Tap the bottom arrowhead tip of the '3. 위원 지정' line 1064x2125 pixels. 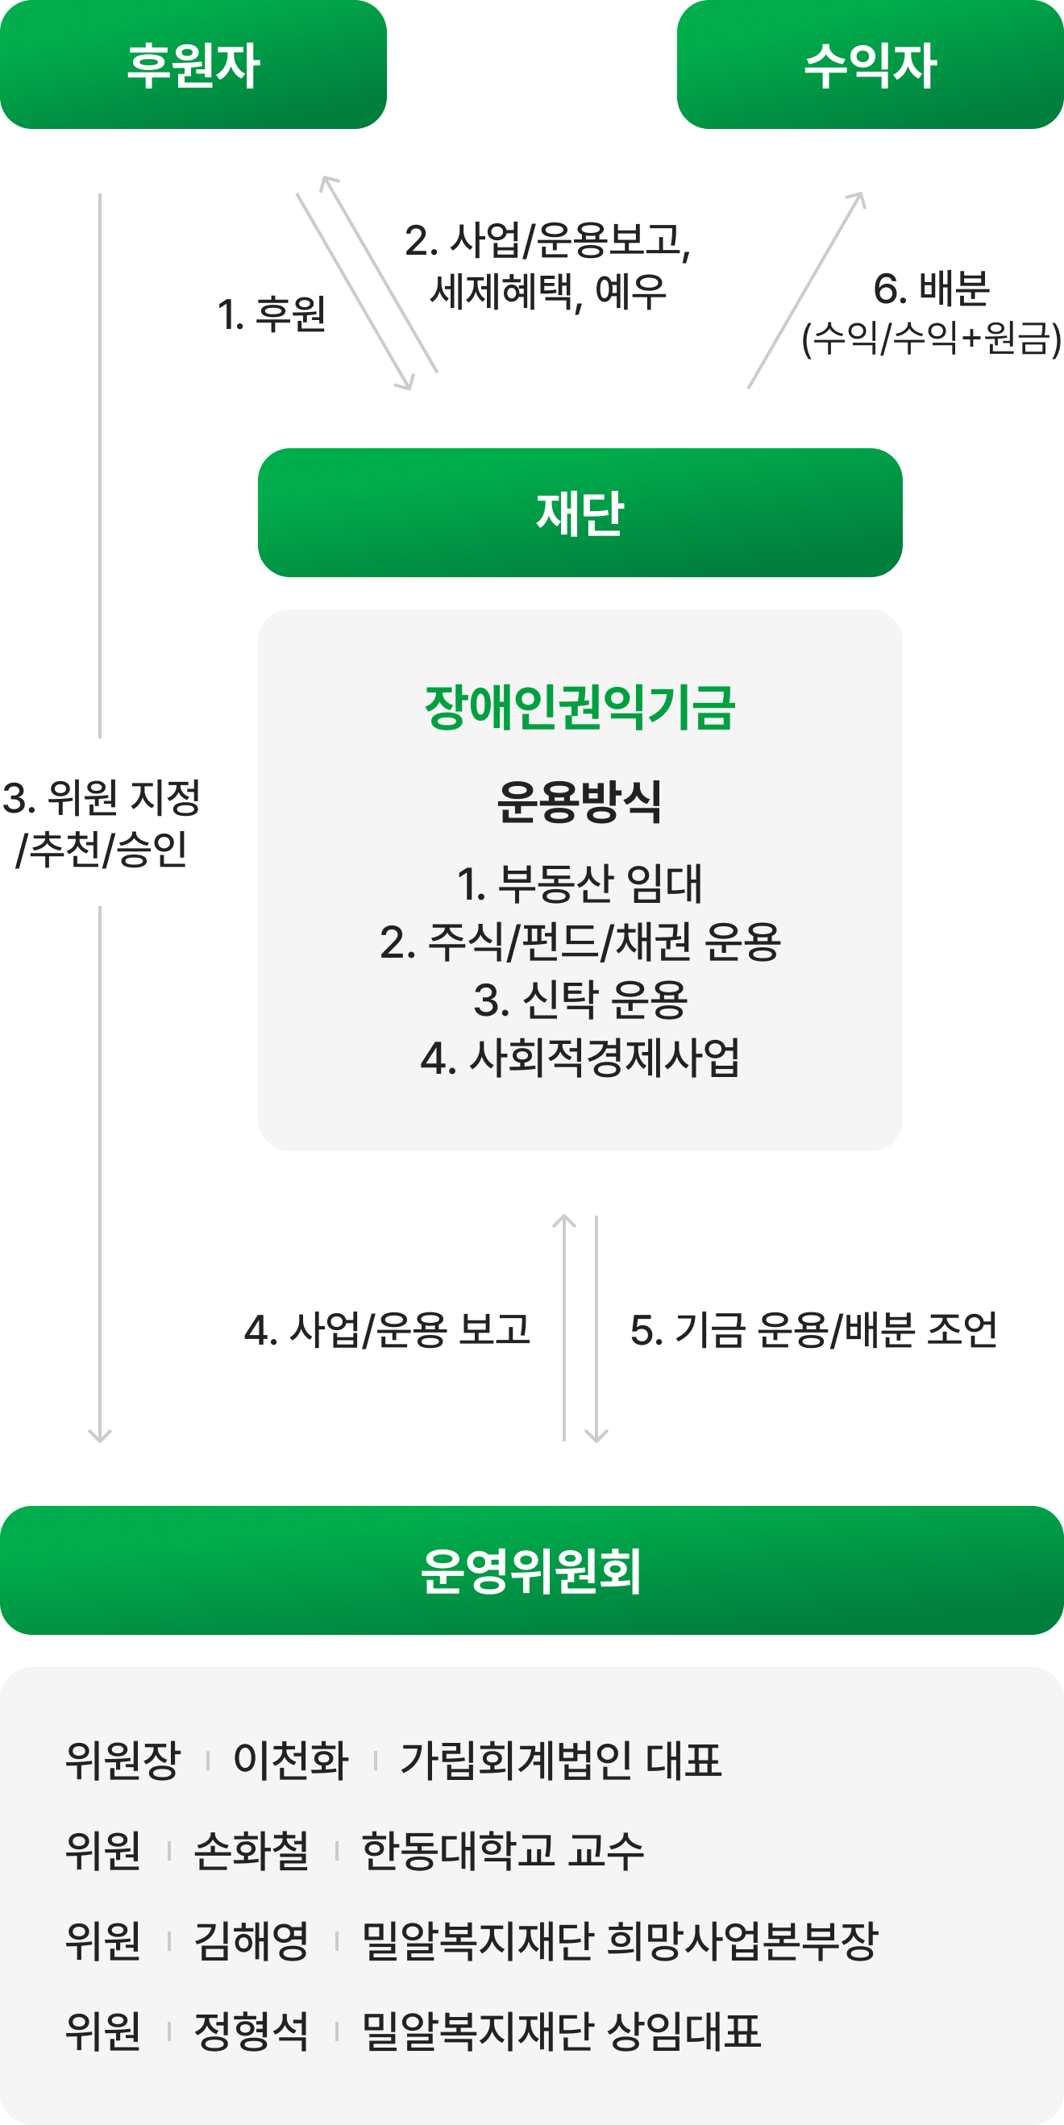100,1442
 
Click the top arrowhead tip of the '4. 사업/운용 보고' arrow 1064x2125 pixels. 564,1214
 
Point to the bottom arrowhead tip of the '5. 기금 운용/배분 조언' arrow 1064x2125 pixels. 596,1442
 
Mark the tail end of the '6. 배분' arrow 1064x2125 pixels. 748,388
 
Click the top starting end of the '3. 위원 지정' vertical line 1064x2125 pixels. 100,193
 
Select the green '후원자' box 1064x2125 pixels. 193,64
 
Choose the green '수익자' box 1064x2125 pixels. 871,64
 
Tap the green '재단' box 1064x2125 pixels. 580,512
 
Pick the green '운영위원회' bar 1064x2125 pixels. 532,1570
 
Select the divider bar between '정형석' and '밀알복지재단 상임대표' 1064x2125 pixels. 336,2031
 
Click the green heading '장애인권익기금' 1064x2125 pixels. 580,707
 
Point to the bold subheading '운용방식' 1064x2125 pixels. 580,801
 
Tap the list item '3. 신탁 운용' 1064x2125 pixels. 580,1000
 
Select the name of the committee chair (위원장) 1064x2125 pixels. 291,1760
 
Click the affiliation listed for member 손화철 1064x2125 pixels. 502,1849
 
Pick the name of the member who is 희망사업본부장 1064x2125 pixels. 251,1940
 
